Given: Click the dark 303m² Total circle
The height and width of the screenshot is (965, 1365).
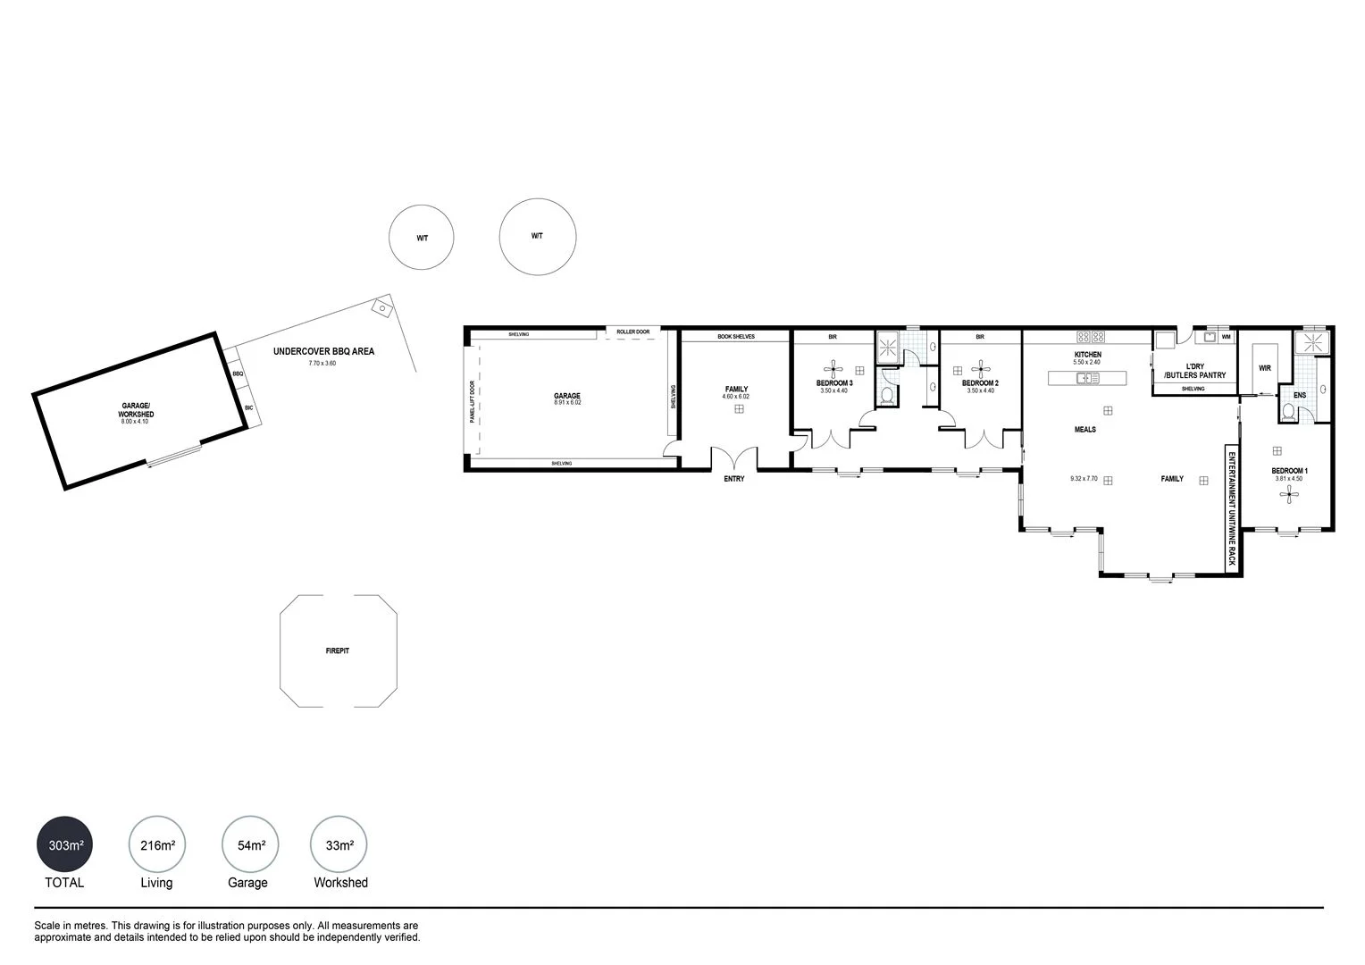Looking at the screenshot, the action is tap(65, 844).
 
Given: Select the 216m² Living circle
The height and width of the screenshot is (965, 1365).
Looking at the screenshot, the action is tap(157, 844).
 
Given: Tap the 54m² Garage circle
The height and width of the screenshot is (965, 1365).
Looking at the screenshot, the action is tap(250, 844).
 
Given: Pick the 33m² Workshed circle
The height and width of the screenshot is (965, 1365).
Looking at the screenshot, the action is tap(339, 844).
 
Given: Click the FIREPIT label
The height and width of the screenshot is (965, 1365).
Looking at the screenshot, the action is tap(337, 650).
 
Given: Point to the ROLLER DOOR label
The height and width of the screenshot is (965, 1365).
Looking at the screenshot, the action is tap(632, 331).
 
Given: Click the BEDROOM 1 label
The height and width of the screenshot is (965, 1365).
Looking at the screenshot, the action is tap(1289, 471).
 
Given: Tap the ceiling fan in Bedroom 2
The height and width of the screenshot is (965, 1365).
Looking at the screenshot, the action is tap(980, 367).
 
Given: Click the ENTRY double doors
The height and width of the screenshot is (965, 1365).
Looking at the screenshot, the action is tap(733, 458).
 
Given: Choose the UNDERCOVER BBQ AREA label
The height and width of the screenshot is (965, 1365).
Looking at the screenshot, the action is tap(323, 352).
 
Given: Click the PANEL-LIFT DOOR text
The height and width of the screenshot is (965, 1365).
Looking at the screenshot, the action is tap(473, 402).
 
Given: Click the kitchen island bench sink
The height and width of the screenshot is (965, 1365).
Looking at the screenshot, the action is tap(1087, 378).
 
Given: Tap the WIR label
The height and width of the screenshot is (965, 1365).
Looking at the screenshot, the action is tap(1264, 368).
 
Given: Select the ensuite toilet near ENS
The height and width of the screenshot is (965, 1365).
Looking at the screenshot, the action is tap(1287, 412).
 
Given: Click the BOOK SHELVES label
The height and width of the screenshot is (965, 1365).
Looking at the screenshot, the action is tap(735, 337).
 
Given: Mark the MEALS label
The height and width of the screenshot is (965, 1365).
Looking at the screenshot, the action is tap(1084, 430).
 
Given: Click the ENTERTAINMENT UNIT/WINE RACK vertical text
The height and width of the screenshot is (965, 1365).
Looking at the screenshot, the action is tap(1230, 508).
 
